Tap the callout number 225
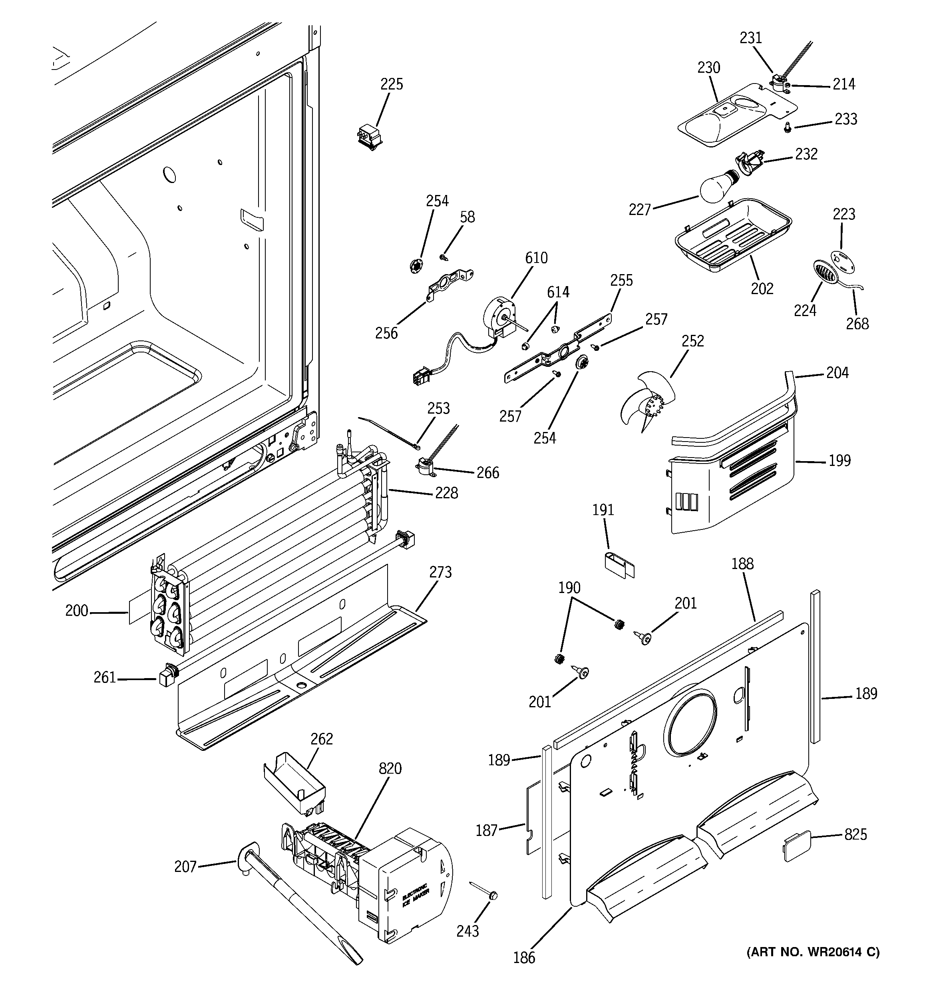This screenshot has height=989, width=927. [x=392, y=85]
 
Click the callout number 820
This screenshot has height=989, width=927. [x=390, y=768]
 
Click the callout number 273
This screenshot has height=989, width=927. [x=440, y=573]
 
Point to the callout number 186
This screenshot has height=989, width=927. [x=524, y=958]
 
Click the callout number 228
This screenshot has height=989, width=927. [x=446, y=493]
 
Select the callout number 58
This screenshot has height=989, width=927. [x=467, y=217]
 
